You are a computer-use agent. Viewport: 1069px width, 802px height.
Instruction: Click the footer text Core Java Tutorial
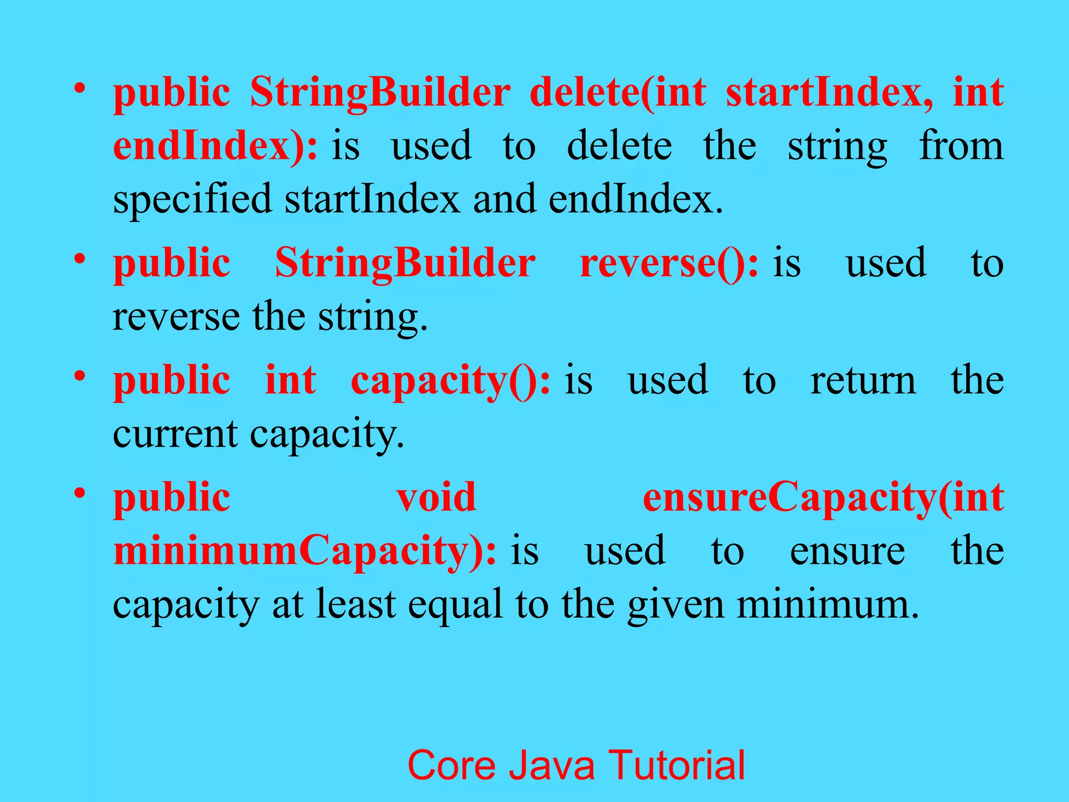pyautogui.click(x=576, y=765)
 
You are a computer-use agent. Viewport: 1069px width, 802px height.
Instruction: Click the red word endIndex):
pyautogui.click(x=215, y=146)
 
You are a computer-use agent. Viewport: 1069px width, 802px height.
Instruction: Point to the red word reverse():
pyautogui.click(x=669, y=263)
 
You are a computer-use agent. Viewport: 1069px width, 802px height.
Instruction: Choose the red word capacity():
pyautogui.click(x=450, y=381)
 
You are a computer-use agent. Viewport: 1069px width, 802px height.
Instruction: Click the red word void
pyautogui.click(x=436, y=497)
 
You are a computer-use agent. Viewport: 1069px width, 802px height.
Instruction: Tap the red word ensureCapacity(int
pyautogui.click(x=823, y=498)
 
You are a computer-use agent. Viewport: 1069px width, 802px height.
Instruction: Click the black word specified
pyautogui.click(x=192, y=199)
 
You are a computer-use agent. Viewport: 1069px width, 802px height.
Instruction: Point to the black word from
pyautogui.click(x=961, y=145)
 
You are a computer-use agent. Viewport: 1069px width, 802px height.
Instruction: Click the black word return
pyautogui.click(x=863, y=381)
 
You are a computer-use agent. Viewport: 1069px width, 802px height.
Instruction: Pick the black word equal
pyautogui.click(x=456, y=605)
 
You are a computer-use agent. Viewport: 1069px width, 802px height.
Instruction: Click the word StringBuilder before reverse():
pyautogui.click(x=405, y=263)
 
